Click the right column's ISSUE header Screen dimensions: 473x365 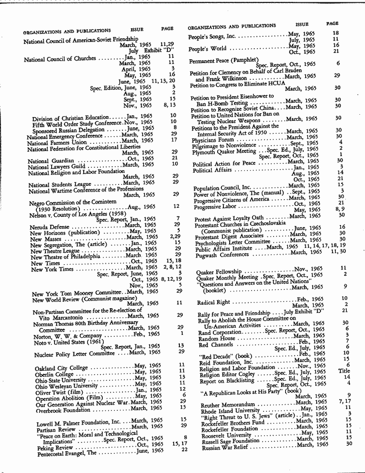pyautogui.click(x=302, y=24)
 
